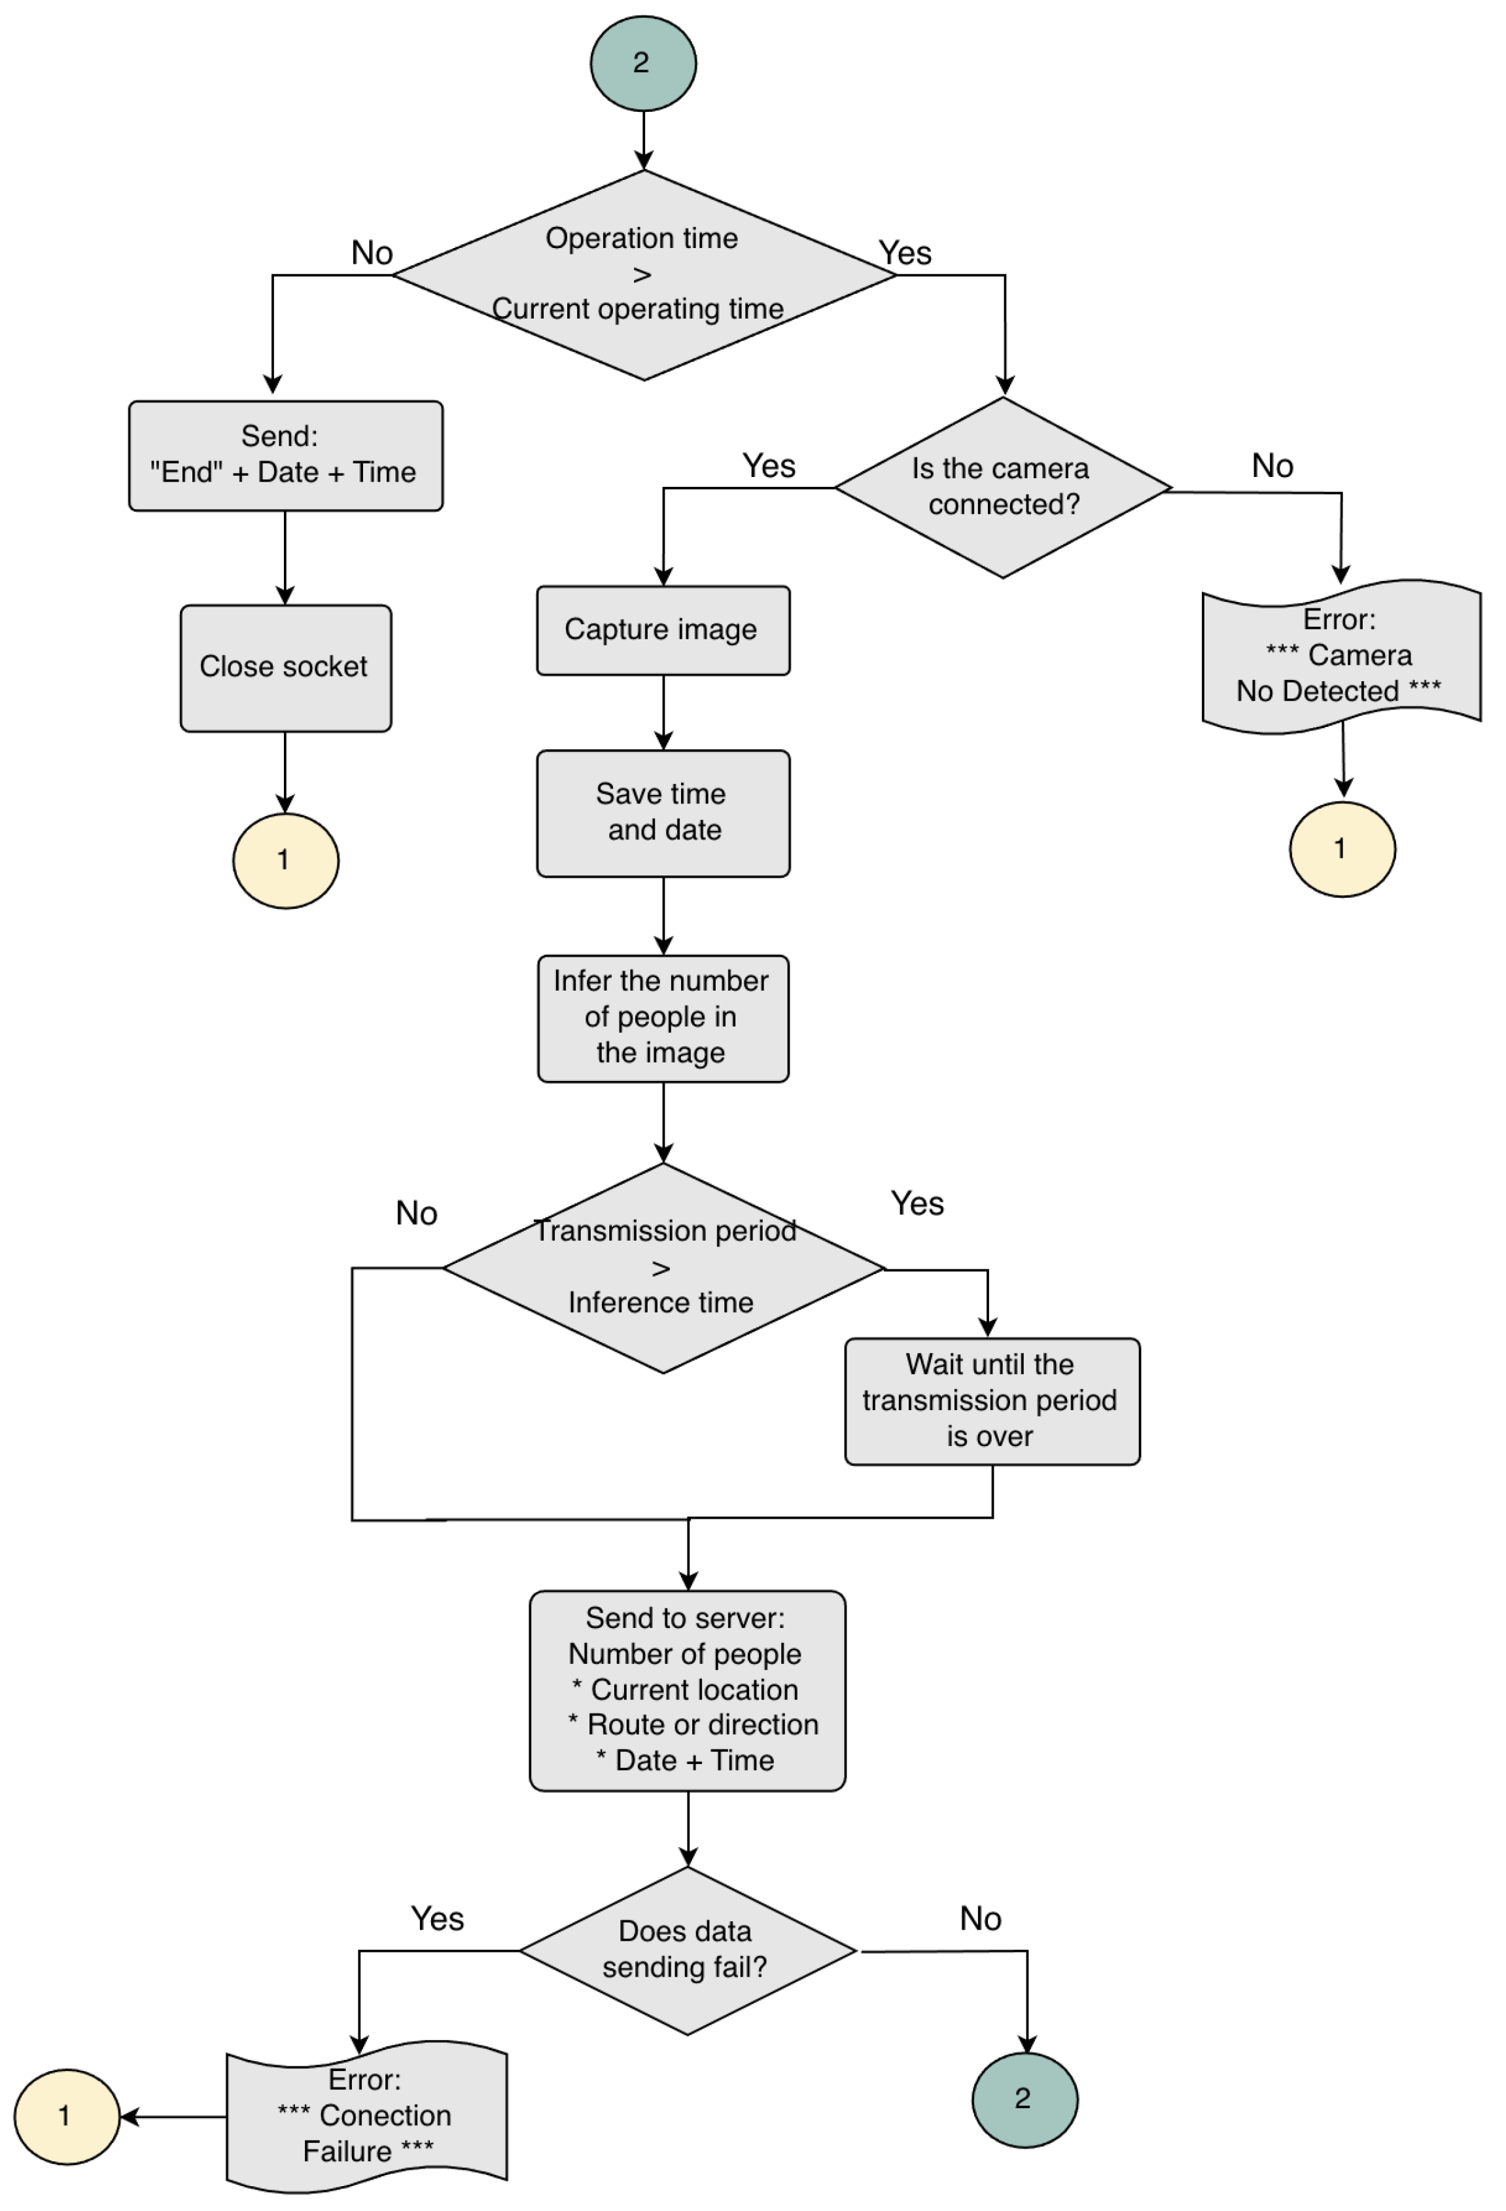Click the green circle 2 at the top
[643, 63]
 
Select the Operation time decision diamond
[644, 275]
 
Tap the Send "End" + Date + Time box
[285, 455]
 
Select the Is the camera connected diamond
[1003, 487]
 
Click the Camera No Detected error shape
[1340, 656]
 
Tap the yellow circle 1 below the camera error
[1341, 849]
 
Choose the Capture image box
[663, 631]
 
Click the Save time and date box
[663, 813]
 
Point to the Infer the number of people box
[663, 1018]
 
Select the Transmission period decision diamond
[663, 1268]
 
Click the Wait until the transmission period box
[991, 1402]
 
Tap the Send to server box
[687, 1691]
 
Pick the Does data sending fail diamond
[687, 1951]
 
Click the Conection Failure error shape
[366, 2116]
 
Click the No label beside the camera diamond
[1272, 466]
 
